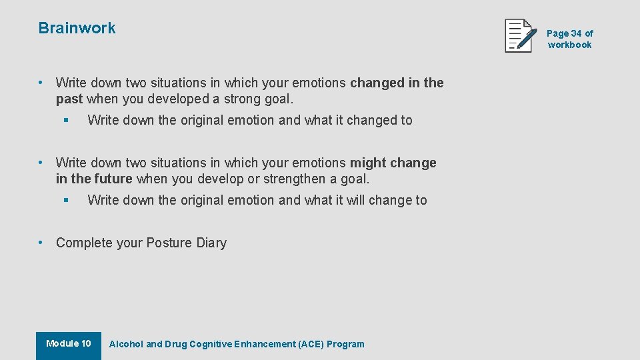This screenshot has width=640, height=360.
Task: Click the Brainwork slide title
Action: coord(77,28)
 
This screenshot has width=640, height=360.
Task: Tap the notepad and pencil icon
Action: coord(521,36)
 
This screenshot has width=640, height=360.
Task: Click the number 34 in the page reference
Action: coord(576,33)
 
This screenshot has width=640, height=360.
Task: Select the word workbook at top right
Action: coord(569,45)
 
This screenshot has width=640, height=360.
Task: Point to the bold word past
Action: coord(69,99)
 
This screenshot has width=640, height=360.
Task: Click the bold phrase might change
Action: coord(393,163)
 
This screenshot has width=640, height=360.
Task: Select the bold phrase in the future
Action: coord(95,179)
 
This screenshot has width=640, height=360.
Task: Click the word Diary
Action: coord(211,243)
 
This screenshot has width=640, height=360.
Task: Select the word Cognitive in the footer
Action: coord(211,344)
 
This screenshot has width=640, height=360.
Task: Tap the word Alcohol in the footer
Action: coord(126,344)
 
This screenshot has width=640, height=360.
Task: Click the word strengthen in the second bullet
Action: coord(291,179)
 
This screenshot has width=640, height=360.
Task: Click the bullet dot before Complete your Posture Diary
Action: coord(41,243)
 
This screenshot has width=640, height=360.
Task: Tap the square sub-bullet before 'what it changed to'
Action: coord(66,121)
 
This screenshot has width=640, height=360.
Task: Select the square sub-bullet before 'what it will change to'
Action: coord(66,201)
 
